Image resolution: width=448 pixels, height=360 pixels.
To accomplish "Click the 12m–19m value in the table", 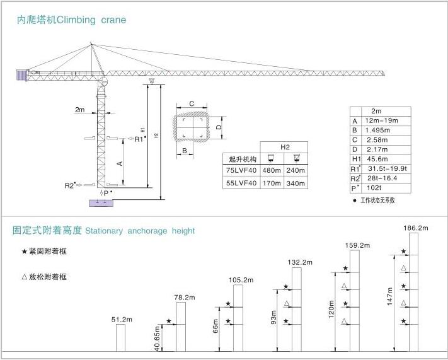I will pyautogui.click(x=382, y=121).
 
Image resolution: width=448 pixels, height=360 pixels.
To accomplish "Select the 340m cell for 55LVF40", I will pyautogui.click(x=296, y=183).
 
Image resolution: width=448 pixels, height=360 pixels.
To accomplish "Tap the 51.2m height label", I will pyautogui.click(x=122, y=320).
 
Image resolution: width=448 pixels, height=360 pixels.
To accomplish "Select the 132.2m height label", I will pyautogui.click(x=300, y=262).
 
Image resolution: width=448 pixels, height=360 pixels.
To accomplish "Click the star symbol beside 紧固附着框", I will pyautogui.click(x=25, y=252).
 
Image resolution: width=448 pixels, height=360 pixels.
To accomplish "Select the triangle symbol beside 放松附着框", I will pyautogui.click(x=25, y=276).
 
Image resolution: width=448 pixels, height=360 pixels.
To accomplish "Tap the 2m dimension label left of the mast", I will pyautogui.click(x=79, y=110).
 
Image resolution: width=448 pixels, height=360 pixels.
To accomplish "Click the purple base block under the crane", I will pyautogui.click(x=100, y=203).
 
